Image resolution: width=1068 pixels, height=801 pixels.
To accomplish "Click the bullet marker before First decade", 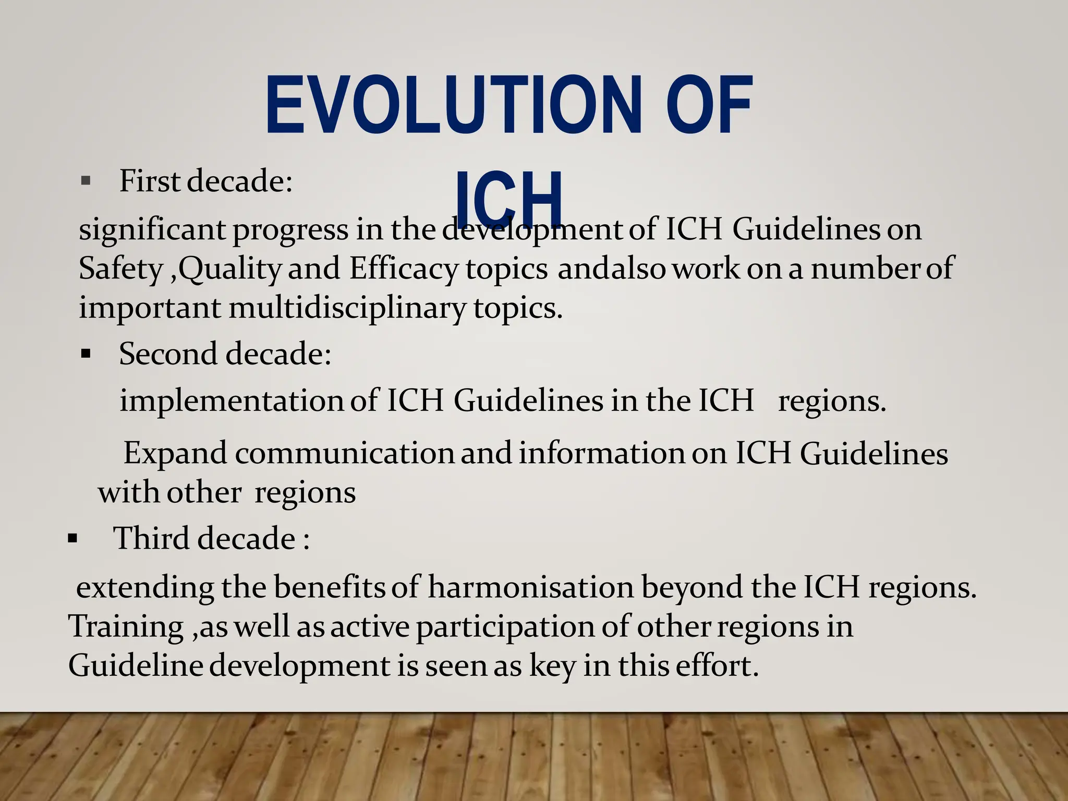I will click(x=86, y=182).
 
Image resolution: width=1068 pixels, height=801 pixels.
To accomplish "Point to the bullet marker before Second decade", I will click(x=86, y=355).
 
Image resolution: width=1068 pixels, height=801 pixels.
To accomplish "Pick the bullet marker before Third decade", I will click(x=72, y=539).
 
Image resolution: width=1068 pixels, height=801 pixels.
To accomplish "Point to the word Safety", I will click(x=120, y=269).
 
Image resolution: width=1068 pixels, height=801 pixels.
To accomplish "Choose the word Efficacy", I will click(x=404, y=269).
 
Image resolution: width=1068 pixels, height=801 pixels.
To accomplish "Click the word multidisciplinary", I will click(x=347, y=308).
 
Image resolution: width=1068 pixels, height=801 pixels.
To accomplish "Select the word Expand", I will click(x=175, y=453).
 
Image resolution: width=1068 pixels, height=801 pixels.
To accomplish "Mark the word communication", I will click(x=344, y=453).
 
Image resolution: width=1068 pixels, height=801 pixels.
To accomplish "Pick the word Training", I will click(x=126, y=626).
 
